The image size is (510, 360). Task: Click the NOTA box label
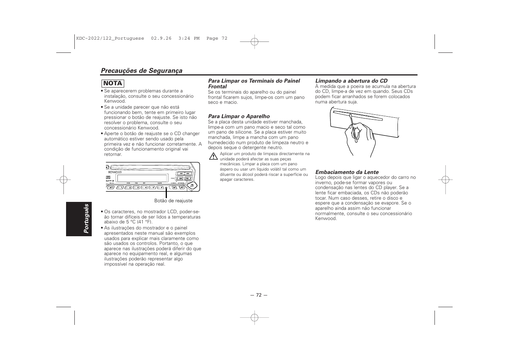coord(112,83)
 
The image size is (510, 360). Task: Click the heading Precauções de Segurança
coord(141,71)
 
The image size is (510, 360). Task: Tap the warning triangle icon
coord(213,156)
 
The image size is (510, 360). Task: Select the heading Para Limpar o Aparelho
coord(239,116)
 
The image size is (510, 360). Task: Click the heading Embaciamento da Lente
coord(347,172)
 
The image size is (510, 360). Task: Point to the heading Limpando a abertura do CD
coord(351,81)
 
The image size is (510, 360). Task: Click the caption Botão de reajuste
coord(173,201)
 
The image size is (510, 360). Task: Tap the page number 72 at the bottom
coord(258,295)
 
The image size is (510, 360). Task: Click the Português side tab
coord(87,218)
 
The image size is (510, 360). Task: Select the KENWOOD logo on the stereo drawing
coord(115,172)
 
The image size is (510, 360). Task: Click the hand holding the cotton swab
coord(361,138)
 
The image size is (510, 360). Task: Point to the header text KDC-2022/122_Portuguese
coord(110,38)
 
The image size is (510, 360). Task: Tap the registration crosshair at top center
coord(254,42)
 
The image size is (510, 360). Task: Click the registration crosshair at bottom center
coord(254,318)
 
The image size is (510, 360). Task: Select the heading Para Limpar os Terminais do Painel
coord(254,81)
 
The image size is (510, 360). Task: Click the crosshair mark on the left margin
coord(63,180)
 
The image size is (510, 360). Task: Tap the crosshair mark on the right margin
coord(445,180)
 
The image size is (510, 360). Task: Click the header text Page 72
coord(217,38)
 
